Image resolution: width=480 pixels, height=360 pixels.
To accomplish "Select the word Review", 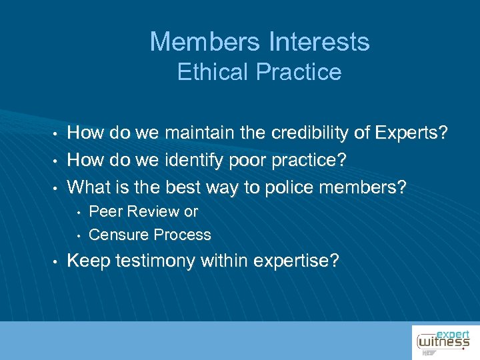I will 153,212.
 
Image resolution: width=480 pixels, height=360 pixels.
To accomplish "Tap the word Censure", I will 119,235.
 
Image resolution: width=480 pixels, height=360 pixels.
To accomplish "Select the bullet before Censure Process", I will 79,235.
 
